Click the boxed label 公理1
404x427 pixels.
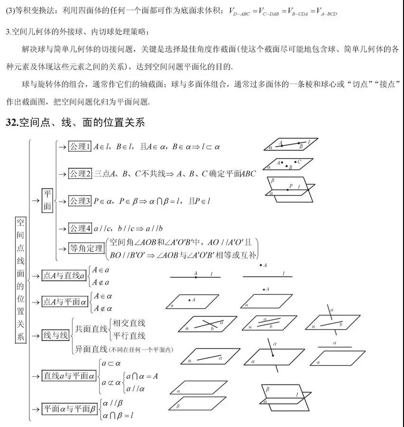[79, 147]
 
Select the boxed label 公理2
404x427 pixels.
[79, 174]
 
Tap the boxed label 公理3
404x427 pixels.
[79, 201]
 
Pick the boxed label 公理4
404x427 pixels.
[79, 228]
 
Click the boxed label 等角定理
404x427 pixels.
[86, 248]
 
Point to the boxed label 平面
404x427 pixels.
[47, 201]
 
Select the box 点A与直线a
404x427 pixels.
[64, 276]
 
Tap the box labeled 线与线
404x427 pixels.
[55, 336]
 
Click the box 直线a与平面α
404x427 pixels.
[69, 376]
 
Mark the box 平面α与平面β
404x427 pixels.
[69, 409]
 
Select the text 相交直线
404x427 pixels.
[129, 323]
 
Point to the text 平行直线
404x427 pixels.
[129, 336]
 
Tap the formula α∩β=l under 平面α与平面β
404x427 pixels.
[118, 416]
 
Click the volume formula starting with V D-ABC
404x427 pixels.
[283, 11]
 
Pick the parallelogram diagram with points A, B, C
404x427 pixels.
[287, 164]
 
